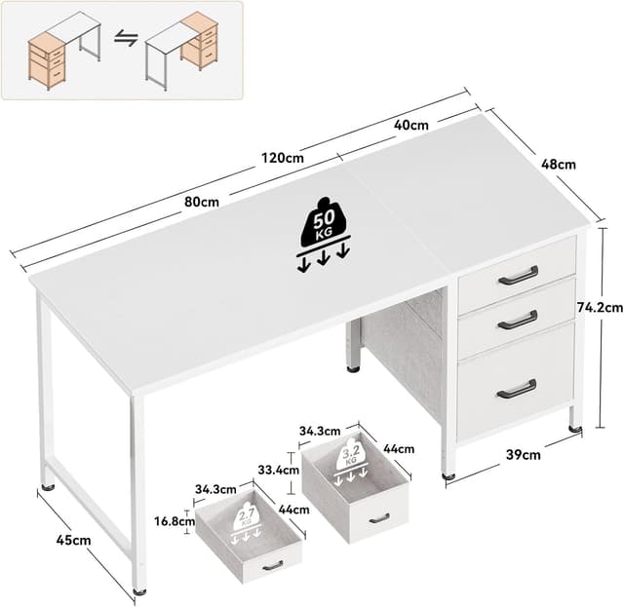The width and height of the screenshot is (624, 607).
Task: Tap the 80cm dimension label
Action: [202, 202]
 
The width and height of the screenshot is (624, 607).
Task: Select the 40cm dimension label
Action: [411, 125]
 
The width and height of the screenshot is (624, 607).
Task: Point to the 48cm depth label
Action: [559, 165]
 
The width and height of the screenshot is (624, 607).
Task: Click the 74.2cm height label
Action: [600, 307]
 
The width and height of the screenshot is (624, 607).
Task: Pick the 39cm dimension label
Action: [523, 453]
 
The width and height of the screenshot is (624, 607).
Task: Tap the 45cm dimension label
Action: [74, 539]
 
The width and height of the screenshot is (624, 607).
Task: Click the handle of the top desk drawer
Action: [518, 276]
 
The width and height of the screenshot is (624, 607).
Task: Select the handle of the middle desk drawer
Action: [517, 320]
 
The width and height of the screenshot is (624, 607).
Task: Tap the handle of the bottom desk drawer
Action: [516, 389]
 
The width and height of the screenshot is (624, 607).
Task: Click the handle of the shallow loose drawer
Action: [272, 565]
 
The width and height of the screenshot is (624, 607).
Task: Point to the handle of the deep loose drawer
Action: [378, 518]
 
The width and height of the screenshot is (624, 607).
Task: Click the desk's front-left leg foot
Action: [139, 588]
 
